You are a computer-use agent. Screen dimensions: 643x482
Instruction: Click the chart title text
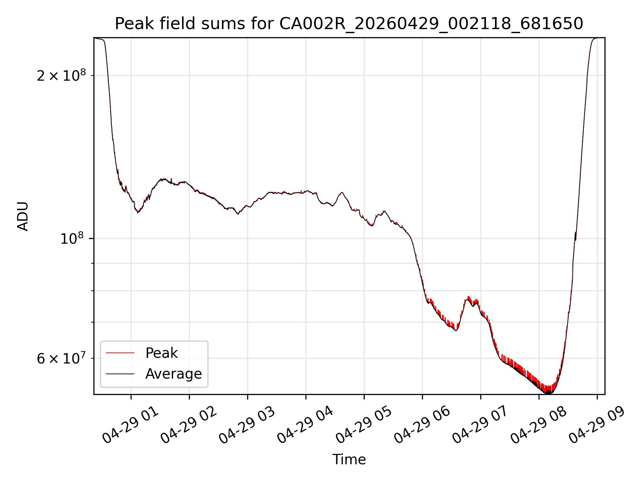pos(349,24)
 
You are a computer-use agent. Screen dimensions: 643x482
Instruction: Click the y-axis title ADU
pos(23,216)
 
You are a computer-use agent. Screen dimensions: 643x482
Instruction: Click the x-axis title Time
pos(349,459)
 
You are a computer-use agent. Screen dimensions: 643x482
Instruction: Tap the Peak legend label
pos(161,353)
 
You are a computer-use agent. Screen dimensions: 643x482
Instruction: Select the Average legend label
pos(173,374)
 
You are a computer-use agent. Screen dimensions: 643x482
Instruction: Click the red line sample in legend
pos(120,353)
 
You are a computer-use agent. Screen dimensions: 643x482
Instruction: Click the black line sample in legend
pos(120,374)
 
